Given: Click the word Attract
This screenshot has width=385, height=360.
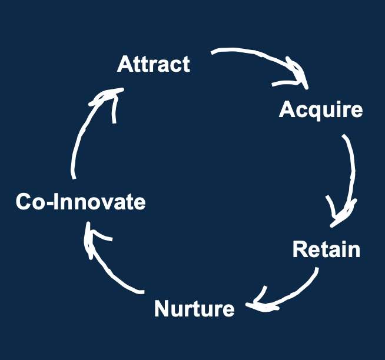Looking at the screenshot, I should click(x=153, y=64).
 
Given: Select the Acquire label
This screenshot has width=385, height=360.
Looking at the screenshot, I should click(x=320, y=109).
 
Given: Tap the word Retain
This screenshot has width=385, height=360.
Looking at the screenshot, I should click(x=326, y=249).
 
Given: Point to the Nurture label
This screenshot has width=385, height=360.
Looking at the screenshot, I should click(x=194, y=308).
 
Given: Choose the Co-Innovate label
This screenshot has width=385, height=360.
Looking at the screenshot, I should click(x=81, y=202).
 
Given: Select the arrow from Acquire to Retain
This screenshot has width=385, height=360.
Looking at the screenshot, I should click(x=352, y=171).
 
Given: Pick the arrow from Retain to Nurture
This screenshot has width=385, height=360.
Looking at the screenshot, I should click(x=294, y=294).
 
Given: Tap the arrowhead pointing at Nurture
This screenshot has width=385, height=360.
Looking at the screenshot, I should click(x=259, y=304).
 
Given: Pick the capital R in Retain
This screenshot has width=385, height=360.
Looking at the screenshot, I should click(x=300, y=249).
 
